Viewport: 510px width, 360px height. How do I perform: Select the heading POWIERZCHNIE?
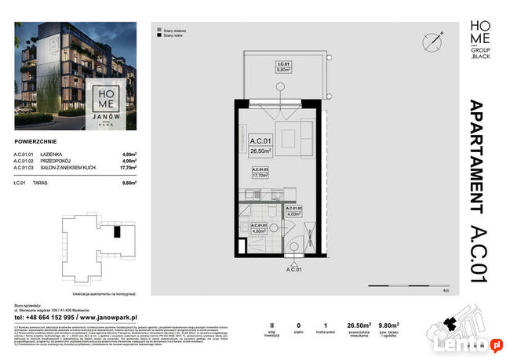(x=38, y=143)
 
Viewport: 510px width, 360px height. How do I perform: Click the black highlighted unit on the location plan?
(x=117, y=232)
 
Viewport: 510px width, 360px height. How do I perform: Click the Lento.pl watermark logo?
(x=475, y=343)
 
